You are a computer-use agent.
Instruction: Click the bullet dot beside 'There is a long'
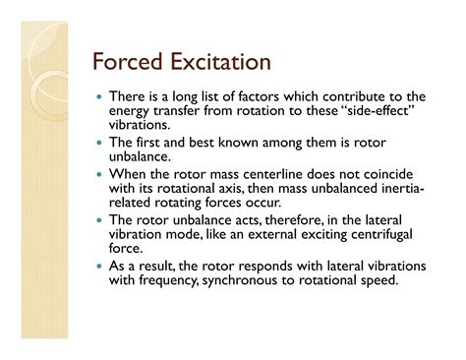(113, 97)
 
